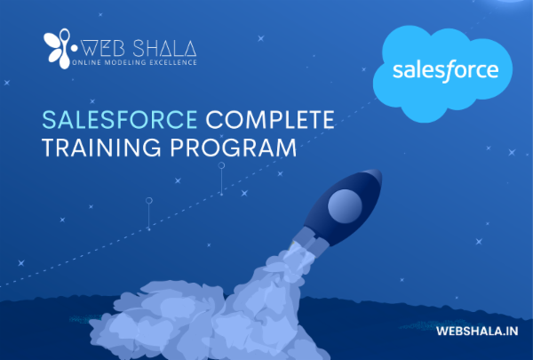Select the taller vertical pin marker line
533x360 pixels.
pos(220,178)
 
